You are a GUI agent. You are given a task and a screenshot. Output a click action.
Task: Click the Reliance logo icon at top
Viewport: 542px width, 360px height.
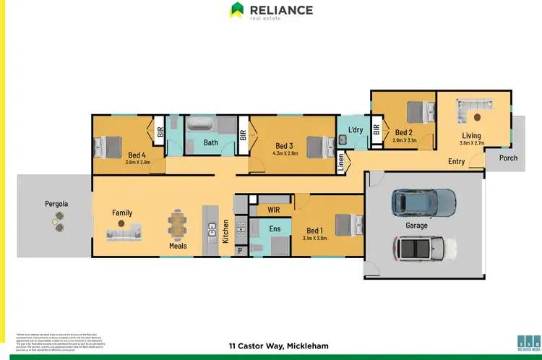click(236, 10)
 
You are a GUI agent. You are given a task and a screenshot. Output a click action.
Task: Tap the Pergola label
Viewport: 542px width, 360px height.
click(54, 205)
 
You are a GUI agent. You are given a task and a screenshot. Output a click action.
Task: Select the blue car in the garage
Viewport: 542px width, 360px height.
click(423, 203)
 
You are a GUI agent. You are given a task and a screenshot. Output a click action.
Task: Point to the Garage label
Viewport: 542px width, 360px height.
click(416, 226)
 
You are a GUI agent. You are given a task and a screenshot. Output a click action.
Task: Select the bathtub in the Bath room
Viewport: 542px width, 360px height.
click(206, 126)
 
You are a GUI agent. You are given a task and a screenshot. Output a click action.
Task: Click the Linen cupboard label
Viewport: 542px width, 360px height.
click(341, 165)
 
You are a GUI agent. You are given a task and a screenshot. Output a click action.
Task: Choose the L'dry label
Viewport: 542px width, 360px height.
click(355, 129)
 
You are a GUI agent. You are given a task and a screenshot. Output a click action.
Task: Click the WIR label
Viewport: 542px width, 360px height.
click(273, 209)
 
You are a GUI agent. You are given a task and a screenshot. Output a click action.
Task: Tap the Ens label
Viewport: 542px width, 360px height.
click(274, 229)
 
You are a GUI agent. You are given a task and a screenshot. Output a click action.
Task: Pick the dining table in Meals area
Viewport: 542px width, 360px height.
click(178, 223)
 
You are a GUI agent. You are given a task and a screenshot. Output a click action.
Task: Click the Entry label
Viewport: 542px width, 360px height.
click(456, 162)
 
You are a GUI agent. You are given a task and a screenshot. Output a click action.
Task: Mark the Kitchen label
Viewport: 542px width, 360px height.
click(225, 231)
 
